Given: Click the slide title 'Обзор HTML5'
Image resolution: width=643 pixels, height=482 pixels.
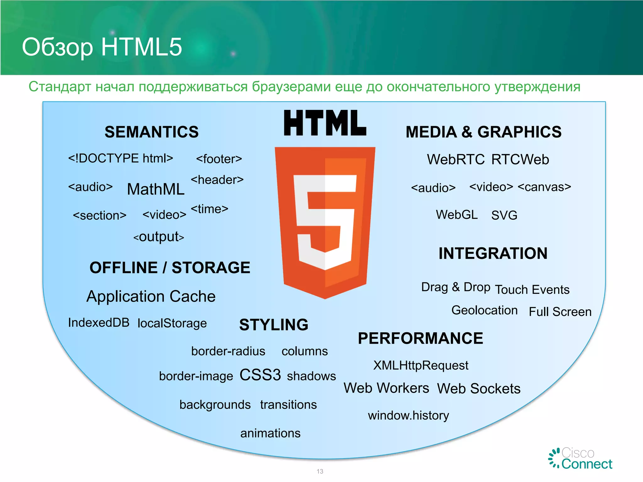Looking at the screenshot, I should click(102, 47).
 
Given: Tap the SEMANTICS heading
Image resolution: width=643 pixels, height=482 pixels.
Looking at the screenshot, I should click(152, 132).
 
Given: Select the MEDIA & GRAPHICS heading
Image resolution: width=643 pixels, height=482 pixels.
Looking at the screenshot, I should click(484, 132).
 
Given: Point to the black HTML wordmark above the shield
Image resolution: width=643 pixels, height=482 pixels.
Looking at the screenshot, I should click(325, 123).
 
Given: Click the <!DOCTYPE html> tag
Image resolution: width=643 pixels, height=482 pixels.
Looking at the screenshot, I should click(121, 158).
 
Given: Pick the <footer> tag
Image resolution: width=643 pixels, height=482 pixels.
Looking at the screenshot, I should click(219, 159).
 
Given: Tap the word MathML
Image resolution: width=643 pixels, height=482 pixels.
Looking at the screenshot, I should click(156, 189).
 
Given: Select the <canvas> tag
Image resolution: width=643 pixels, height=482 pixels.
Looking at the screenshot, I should click(544, 187).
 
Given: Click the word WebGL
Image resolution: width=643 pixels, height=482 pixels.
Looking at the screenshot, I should click(457, 215).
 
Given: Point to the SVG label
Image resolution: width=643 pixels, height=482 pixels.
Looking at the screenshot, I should click(504, 215).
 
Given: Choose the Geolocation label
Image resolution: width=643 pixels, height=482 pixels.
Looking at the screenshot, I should click(484, 310).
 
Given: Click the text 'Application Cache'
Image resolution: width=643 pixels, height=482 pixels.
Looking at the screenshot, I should click(151, 296).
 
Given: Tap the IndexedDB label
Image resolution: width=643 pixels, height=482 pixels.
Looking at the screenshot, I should click(99, 323).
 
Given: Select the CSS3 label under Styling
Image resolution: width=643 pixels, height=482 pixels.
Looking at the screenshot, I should click(260, 375).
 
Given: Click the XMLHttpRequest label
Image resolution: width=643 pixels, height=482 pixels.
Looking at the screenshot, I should click(421, 365).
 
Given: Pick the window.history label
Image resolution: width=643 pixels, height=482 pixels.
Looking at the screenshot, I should click(408, 415).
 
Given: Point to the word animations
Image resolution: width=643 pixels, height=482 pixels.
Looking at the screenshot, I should click(270, 433).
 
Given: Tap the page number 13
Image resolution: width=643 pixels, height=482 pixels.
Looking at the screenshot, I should click(320, 471).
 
